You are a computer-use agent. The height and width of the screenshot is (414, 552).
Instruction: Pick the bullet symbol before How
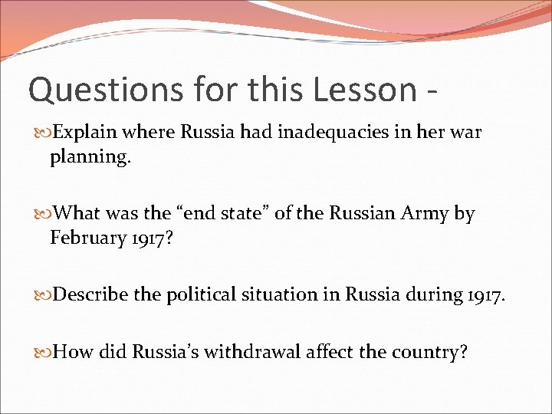43,353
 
